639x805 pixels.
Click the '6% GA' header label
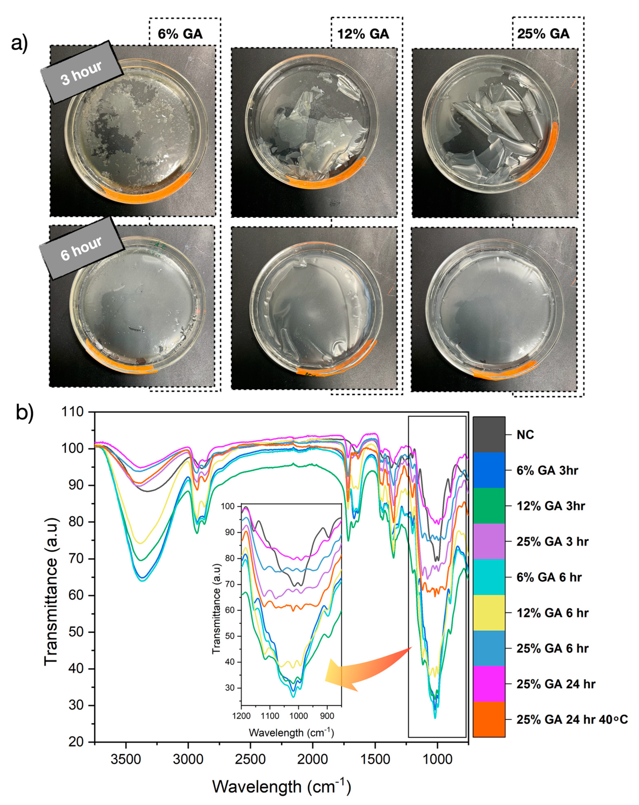click(x=180, y=34)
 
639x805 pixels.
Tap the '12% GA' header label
click(x=363, y=34)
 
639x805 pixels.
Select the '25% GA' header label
click(x=543, y=34)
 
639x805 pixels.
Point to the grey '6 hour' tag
click(x=81, y=248)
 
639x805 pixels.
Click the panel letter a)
click(x=20, y=44)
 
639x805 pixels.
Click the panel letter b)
click(x=25, y=413)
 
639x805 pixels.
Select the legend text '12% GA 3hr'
click(x=551, y=506)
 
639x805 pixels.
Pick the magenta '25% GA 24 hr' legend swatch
click(x=489, y=684)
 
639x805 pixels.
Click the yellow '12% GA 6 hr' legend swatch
click(x=489, y=613)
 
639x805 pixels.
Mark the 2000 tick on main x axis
click(x=312, y=759)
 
